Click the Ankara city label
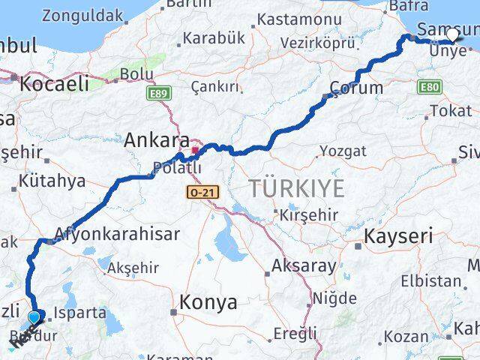click(x=157, y=139)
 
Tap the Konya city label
click(x=208, y=302)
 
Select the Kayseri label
click(x=398, y=237)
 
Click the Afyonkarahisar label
click(x=118, y=233)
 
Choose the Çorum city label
click(x=356, y=88)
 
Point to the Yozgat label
click(x=343, y=151)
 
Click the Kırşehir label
click(x=309, y=215)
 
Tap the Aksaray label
click(x=304, y=265)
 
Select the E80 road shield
click(x=430, y=88)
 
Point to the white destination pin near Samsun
click(x=452, y=34)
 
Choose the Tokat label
click(x=451, y=111)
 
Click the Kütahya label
click(x=53, y=180)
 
